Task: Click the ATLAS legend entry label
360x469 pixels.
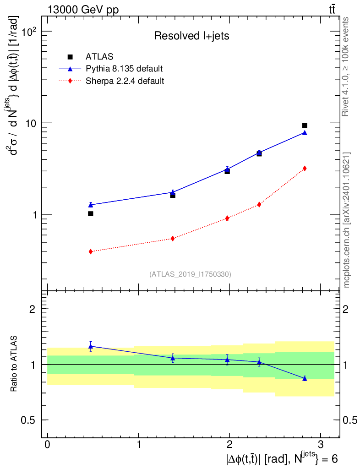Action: coord(99,56)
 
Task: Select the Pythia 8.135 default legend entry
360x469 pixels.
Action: coord(124,69)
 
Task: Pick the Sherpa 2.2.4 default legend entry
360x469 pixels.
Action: coord(125,81)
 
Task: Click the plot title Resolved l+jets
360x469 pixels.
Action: coord(191,36)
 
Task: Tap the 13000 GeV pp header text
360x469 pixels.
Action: coord(83,10)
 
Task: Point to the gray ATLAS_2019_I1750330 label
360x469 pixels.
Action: coord(190,274)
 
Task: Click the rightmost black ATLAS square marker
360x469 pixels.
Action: coord(305,125)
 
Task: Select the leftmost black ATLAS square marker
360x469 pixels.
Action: coord(91,213)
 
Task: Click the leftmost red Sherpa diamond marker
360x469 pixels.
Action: coord(91,251)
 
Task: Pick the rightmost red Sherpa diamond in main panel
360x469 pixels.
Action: coord(305,169)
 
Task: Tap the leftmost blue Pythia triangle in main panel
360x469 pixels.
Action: coord(91,205)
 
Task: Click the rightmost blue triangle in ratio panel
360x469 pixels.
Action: coord(305,378)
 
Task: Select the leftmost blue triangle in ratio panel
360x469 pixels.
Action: coord(91,346)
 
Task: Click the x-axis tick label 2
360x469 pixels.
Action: coord(229,444)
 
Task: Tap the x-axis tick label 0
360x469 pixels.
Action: coord(48,444)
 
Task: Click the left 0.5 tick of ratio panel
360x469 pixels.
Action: coord(28,420)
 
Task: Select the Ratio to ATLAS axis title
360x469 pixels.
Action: coord(13,364)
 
